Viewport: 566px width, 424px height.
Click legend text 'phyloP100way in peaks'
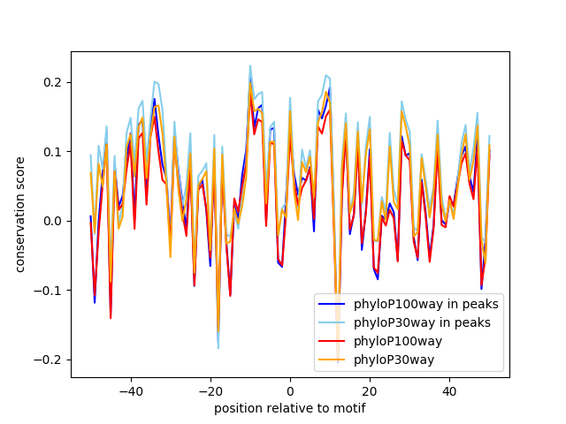pyautogui.click(x=425, y=305)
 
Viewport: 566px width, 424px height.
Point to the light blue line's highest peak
pyautogui.click(x=250, y=65)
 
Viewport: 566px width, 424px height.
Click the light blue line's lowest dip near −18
pyautogui.click(x=218, y=348)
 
